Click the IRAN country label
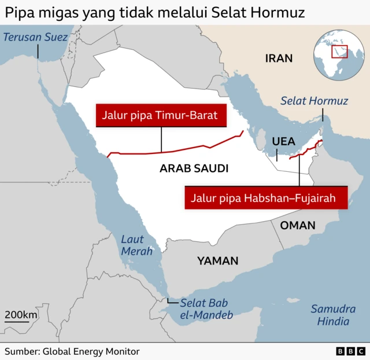tap(279, 58)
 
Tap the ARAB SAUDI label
tap(194, 169)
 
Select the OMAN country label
tap(298, 225)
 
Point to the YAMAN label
tap(217, 261)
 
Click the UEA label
tap(283, 141)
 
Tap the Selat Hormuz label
tap(314, 101)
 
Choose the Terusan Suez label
tap(35, 38)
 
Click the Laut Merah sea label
tap(136, 245)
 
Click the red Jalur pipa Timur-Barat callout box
tap(160, 116)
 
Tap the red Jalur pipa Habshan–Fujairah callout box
tap(267, 198)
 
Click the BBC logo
tap(350, 351)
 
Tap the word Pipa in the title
tap(18, 12)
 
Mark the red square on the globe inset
tap(340, 52)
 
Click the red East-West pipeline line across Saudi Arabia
tap(173, 150)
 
